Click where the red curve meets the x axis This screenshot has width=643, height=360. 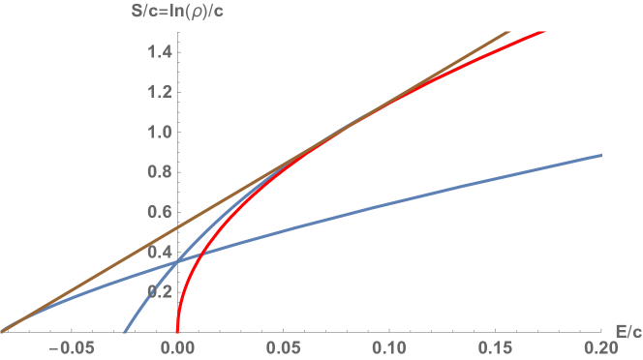tap(177, 331)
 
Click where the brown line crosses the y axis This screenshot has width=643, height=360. tap(177, 227)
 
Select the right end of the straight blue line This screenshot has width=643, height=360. tap(601, 156)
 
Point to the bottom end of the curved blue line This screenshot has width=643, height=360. tap(124, 331)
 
